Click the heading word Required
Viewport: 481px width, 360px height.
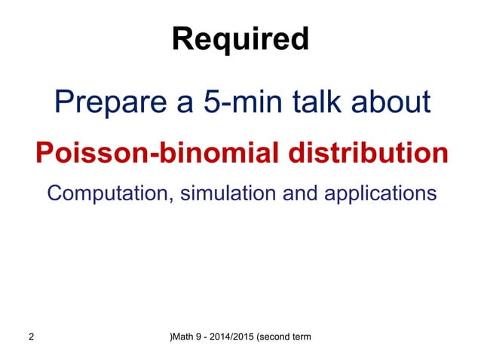[x=240, y=39]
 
